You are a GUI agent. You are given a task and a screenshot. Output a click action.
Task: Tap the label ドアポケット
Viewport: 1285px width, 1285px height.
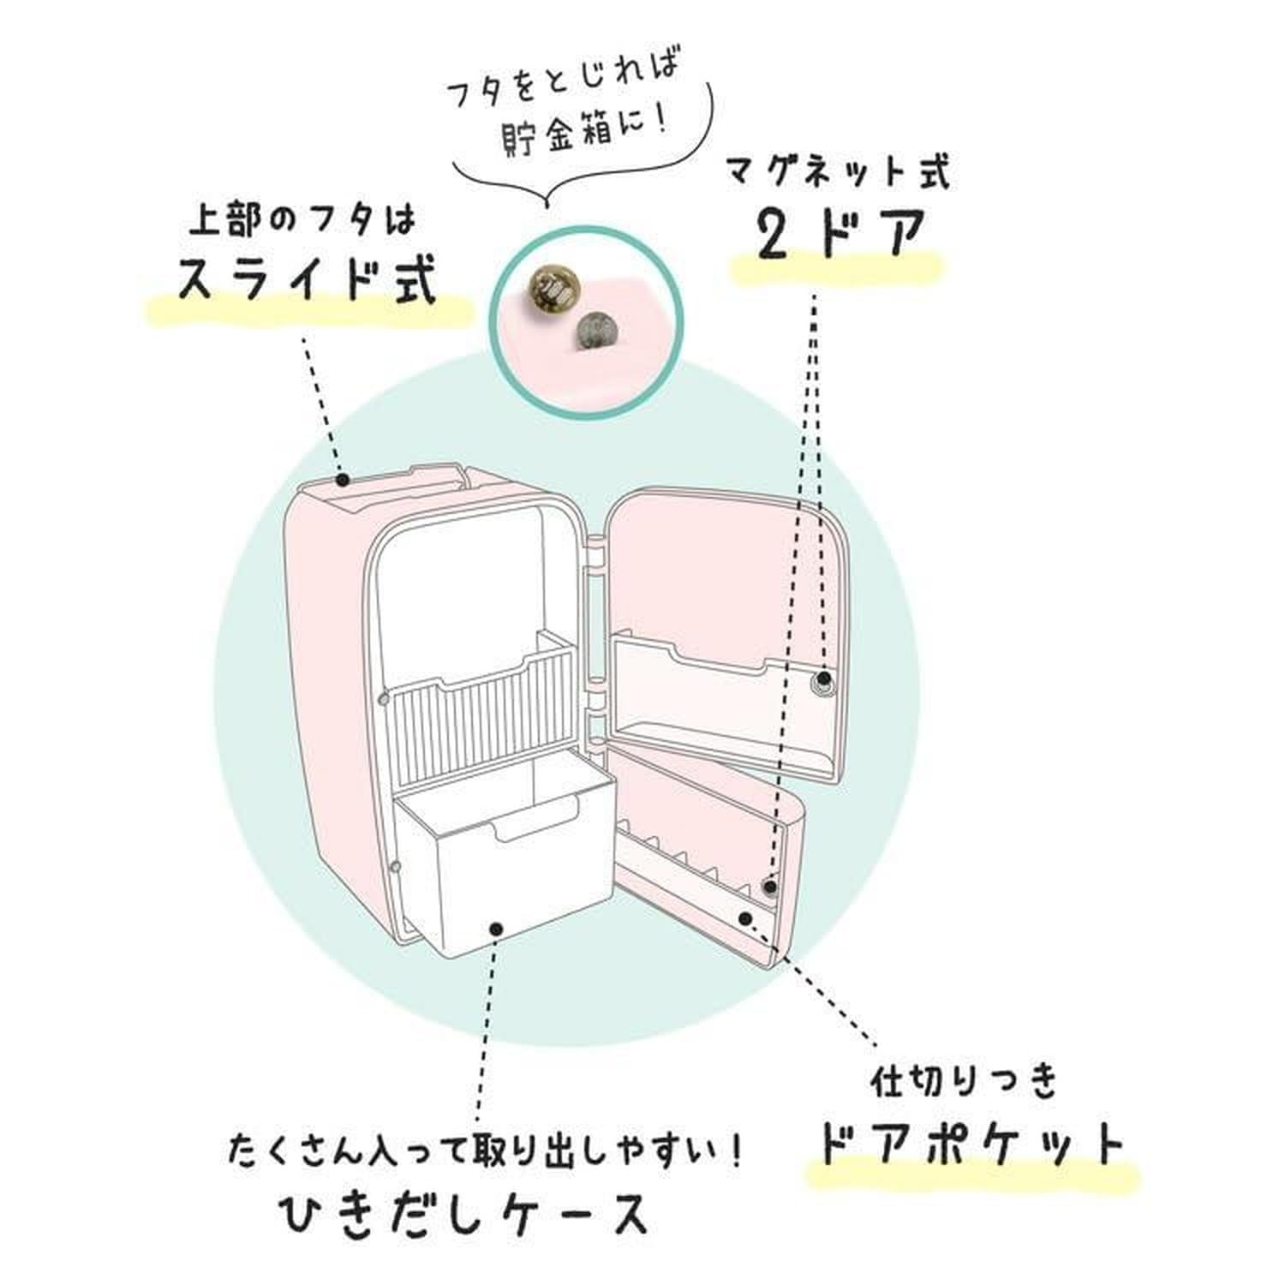[x=971, y=1144]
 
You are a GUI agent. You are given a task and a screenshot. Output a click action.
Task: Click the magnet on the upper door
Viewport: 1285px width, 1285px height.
[x=822, y=686]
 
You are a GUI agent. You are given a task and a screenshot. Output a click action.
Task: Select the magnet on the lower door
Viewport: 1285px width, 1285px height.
[x=770, y=888]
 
